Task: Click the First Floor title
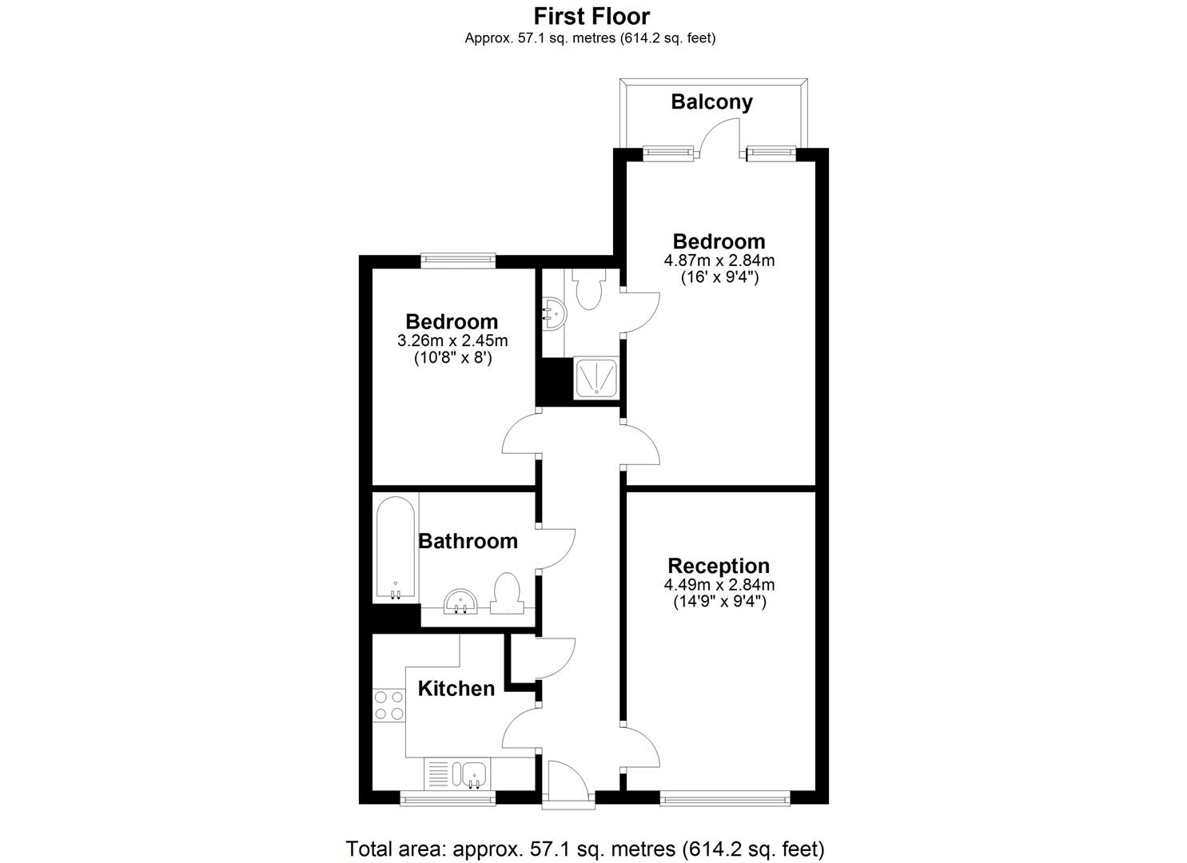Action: click(x=592, y=17)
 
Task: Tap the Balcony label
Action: click(x=711, y=101)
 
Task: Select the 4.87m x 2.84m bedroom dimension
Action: click(x=719, y=260)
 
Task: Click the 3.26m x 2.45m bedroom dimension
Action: click(x=452, y=340)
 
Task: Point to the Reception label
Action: click(x=719, y=566)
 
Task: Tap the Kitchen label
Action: click(x=456, y=689)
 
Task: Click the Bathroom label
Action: click(x=468, y=542)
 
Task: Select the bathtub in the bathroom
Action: click(x=396, y=548)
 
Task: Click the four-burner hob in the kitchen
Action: click(x=389, y=706)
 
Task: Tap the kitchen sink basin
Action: click(x=474, y=775)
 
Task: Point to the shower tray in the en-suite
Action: click(x=596, y=378)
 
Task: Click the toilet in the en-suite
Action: click(x=589, y=288)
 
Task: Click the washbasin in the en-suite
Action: click(x=554, y=313)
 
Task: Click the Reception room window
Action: click(x=725, y=798)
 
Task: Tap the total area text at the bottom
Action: click(x=585, y=849)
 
